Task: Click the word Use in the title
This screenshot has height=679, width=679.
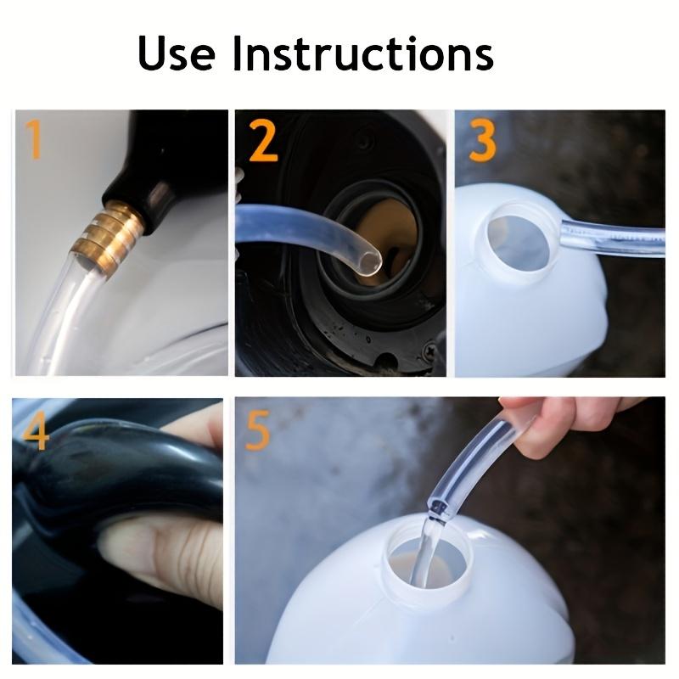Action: click(176, 53)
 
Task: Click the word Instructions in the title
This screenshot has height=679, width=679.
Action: click(363, 53)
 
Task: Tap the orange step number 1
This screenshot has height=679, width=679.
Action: click(35, 139)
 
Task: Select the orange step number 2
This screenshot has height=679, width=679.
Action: click(263, 140)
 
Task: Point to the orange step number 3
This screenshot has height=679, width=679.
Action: click(482, 139)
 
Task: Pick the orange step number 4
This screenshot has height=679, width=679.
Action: click(36, 430)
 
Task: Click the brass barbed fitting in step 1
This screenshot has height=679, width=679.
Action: click(109, 236)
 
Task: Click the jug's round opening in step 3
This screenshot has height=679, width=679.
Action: click(518, 243)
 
